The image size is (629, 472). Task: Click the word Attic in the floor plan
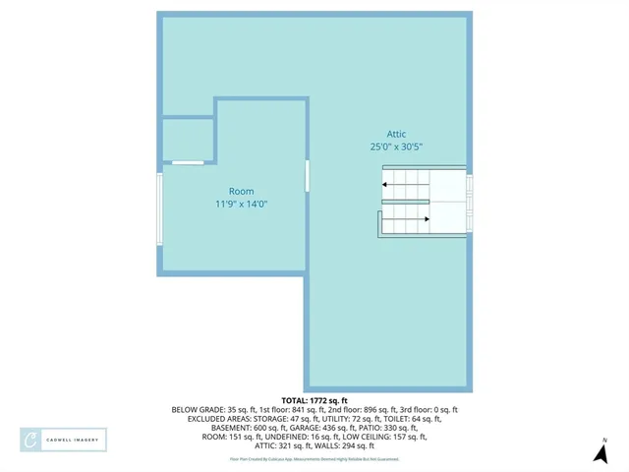[396, 135]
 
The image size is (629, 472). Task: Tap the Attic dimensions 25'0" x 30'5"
[396, 147]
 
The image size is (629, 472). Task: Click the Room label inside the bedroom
[242, 192]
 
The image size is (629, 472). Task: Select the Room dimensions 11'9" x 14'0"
[242, 204]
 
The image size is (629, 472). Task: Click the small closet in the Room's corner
[188, 139]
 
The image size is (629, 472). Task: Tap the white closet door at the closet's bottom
[188, 162]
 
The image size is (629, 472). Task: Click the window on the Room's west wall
[159, 208]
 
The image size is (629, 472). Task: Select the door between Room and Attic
[308, 176]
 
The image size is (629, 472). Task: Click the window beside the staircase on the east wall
[470, 201]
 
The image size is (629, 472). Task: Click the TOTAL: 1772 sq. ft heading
[314, 400]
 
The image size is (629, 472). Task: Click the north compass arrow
[600, 453]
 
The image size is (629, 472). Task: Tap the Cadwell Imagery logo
[64, 440]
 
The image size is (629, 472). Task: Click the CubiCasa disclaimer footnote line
[314, 459]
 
